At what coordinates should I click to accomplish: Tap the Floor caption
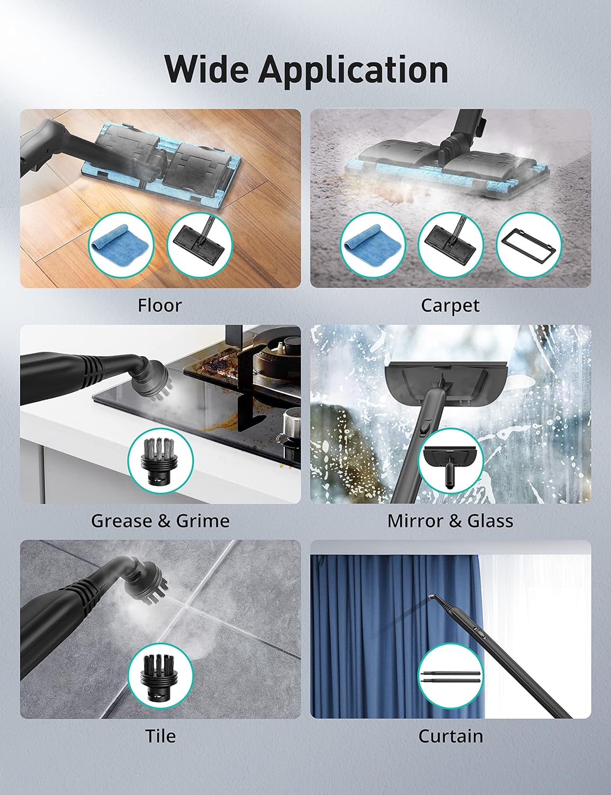[x=159, y=305]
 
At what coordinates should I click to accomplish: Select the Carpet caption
[x=450, y=305]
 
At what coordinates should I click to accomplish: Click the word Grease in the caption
[x=123, y=520]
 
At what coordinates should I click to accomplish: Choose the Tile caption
[x=160, y=736]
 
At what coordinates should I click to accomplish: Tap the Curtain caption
[x=451, y=736]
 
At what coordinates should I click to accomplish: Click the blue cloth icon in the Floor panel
[x=121, y=243]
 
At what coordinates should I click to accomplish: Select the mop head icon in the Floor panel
[x=199, y=243]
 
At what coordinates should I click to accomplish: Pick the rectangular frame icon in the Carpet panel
[x=528, y=243]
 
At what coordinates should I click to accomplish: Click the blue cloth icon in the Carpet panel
[x=372, y=243]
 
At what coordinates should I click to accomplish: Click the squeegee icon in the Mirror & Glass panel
[x=450, y=460]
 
